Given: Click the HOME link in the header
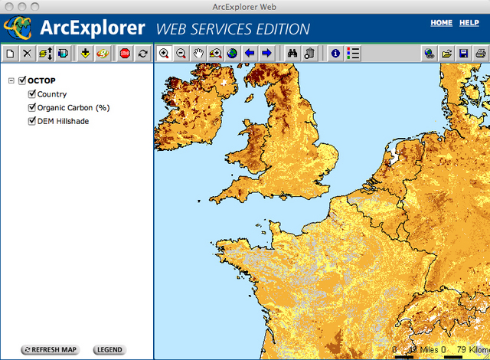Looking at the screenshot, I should [x=442, y=23].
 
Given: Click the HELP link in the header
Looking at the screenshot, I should [x=469, y=23].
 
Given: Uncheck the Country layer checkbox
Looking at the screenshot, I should [x=32, y=94].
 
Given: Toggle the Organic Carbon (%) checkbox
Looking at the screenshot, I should [x=32, y=108].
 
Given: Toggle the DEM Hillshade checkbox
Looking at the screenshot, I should [x=32, y=121].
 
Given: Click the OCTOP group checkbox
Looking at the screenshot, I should [x=22, y=80].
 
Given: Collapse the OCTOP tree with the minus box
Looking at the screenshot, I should [x=11, y=80].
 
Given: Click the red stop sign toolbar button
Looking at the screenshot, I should [x=125, y=54].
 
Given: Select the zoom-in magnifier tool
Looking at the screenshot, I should [x=164, y=54].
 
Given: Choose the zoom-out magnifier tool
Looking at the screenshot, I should [x=181, y=54].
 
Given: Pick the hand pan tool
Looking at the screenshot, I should [x=198, y=54].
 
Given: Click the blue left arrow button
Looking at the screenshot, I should [x=250, y=54].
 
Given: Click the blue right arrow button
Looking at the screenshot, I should [x=266, y=54].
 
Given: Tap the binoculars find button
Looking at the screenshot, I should [x=292, y=54].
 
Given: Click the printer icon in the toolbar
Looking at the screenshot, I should [x=480, y=54].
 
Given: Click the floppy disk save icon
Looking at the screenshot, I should [x=463, y=54].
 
